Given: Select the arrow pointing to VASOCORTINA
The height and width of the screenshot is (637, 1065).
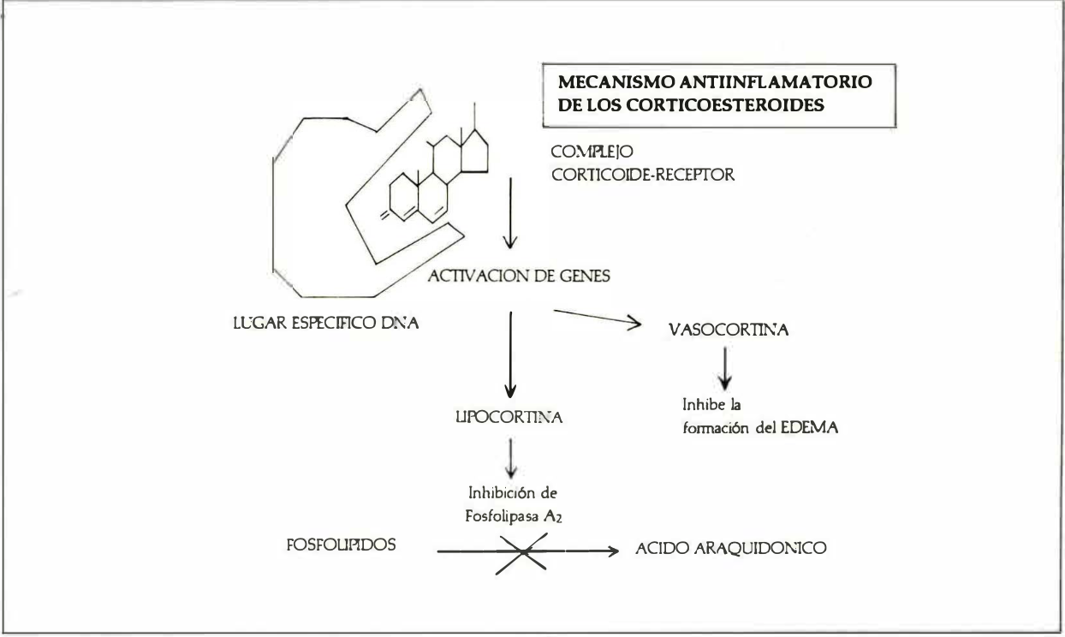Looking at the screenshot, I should point(598,318).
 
